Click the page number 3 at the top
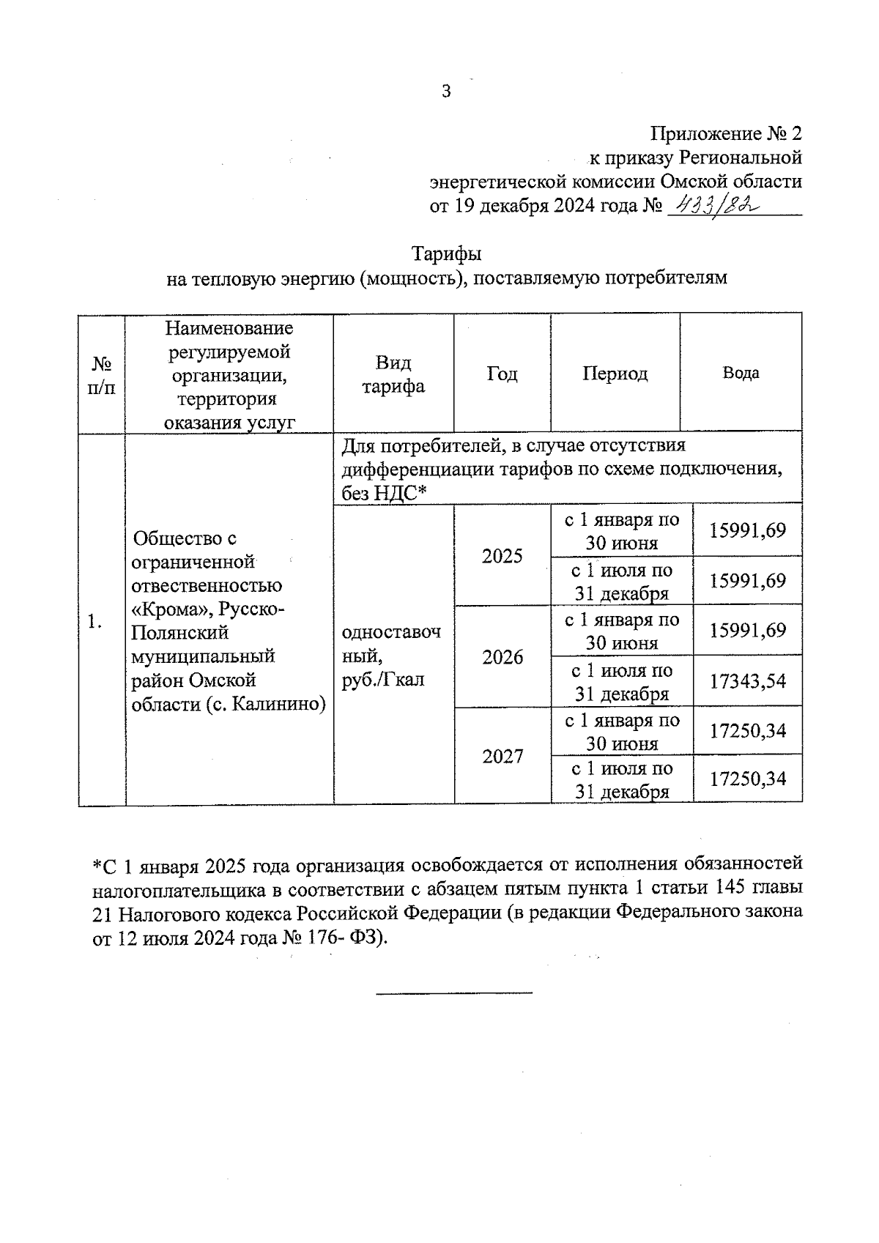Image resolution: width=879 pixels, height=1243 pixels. pos(446,92)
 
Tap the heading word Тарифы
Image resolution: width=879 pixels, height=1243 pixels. pos(446,254)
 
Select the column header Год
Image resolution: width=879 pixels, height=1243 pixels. pos(502,374)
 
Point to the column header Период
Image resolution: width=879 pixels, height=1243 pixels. pos(615,374)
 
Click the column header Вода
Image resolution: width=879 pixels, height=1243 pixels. pos(741,373)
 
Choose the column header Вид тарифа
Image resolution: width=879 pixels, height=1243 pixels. pos(393,374)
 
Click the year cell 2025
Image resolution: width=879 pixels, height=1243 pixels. pos(502,556)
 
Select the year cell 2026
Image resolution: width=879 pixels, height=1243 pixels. pos(502,657)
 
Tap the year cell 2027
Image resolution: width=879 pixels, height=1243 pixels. pos(502,756)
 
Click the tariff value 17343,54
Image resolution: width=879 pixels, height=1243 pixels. pos(747,681)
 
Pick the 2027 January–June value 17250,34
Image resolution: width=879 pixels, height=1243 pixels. pos(747,731)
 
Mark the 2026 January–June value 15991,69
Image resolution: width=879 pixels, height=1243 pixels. pos(747,631)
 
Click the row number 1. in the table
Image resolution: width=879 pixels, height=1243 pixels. pos(93,622)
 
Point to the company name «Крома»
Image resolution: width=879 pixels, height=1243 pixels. pos(170,609)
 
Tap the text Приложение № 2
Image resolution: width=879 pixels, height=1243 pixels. pos(726,133)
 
